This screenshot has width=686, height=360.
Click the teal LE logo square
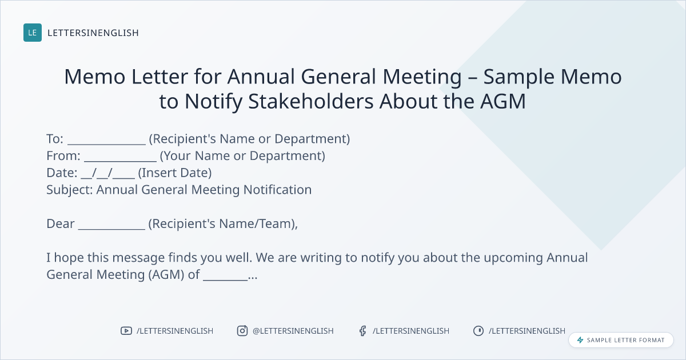click(x=33, y=33)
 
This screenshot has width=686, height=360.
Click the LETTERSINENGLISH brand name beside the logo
click(x=93, y=33)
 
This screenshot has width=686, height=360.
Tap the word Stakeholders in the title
click(x=311, y=101)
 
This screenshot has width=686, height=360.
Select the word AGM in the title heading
click(x=503, y=101)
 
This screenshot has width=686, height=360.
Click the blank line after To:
click(x=106, y=144)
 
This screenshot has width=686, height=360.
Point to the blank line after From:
click(x=121, y=161)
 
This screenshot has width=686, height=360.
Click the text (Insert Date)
click(x=175, y=173)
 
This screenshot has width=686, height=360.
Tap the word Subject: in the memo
click(x=70, y=190)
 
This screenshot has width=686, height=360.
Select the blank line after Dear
click(x=111, y=229)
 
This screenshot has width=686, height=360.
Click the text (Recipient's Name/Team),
click(x=223, y=224)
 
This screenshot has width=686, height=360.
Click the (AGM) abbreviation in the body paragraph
click(x=166, y=275)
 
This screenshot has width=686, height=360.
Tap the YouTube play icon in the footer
click(x=126, y=331)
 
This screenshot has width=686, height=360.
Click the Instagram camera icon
click(x=242, y=331)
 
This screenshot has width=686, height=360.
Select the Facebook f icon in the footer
click(x=362, y=331)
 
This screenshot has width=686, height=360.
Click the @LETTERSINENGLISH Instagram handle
click(x=293, y=331)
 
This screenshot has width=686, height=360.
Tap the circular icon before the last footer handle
click(x=478, y=331)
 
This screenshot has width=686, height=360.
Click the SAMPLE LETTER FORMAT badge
click(x=621, y=340)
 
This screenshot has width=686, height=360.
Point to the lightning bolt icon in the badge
click(x=580, y=340)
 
